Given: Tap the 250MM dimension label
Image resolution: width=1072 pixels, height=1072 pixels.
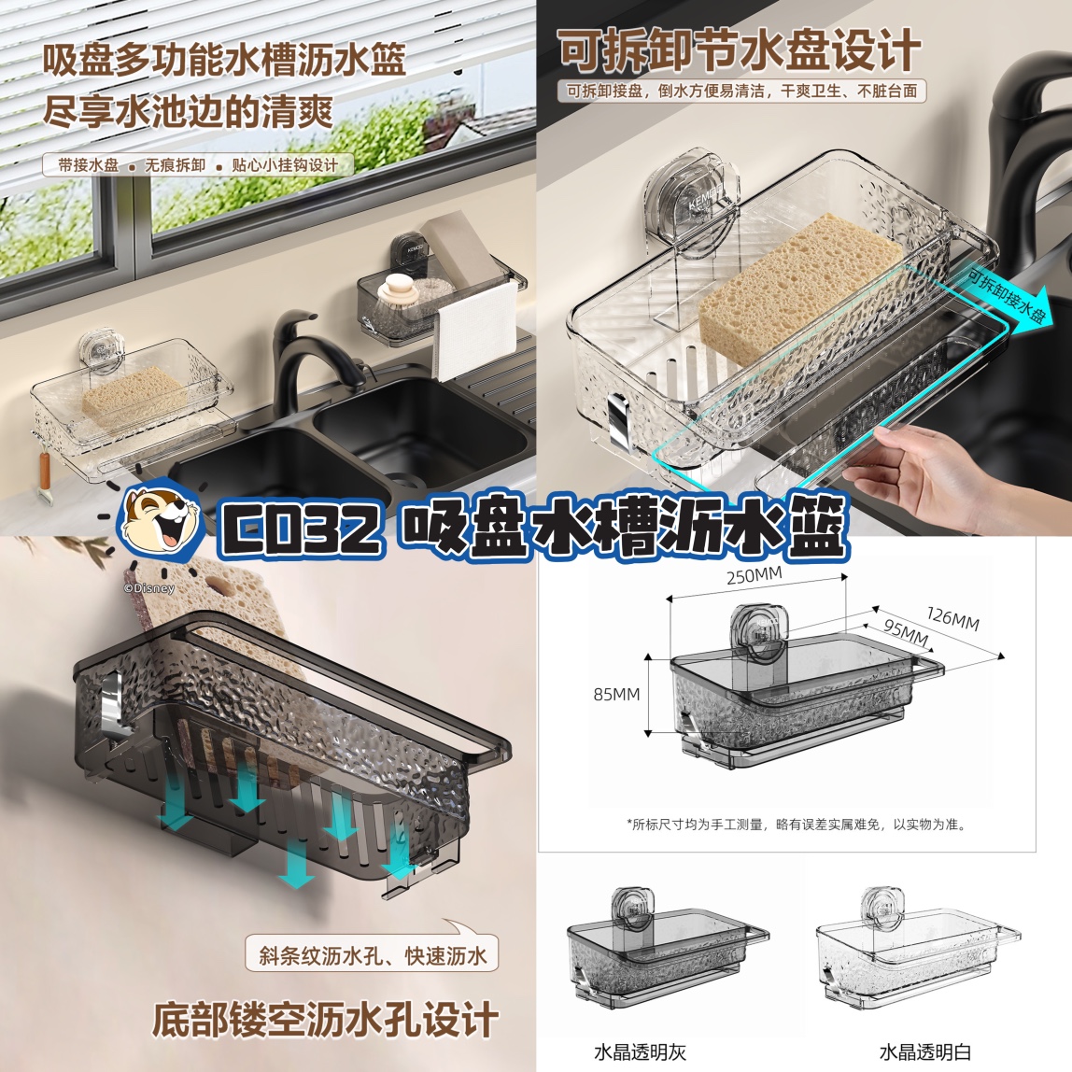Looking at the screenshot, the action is point(755,576).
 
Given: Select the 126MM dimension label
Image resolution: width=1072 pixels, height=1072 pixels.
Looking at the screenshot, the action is point(952,619).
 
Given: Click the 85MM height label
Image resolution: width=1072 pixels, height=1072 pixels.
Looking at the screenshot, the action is point(616,695).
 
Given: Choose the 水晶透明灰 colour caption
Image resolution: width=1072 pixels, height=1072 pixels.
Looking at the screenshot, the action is point(640,1051).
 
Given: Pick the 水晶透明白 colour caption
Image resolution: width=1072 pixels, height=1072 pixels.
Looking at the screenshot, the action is point(925,1051).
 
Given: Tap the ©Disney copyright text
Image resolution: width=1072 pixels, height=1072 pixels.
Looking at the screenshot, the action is point(149,588).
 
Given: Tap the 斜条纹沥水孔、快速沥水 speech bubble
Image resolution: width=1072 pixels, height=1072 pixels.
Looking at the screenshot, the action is point(373,954).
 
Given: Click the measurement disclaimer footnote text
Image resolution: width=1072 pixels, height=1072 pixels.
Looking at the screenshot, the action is point(797,825).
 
